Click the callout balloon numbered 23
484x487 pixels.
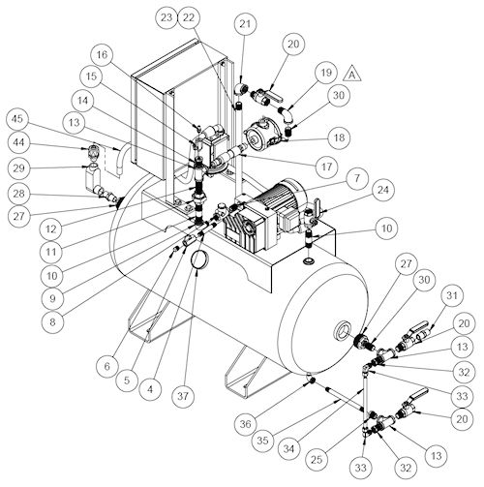click(x=166, y=17)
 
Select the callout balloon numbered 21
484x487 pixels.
click(x=245, y=23)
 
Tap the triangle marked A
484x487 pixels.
click(x=352, y=74)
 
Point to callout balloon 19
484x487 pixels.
click(x=326, y=72)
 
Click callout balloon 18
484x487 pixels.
click(x=339, y=137)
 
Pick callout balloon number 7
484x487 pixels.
click(x=356, y=178)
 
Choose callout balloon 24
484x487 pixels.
click(x=383, y=190)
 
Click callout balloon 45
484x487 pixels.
click(x=17, y=118)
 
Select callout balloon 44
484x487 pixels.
click(x=18, y=142)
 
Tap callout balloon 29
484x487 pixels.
click(x=18, y=168)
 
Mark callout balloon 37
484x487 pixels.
click(x=183, y=396)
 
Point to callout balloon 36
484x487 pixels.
click(x=246, y=424)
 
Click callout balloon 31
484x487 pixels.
click(x=452, y=295)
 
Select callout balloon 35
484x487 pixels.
click(x=263, y=440)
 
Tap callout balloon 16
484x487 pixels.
click(x=102, y=54)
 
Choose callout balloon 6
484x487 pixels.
click(x=107, y=366)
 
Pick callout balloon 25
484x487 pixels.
click(x=317, y=459)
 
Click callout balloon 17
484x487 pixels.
click(x=326, y=167)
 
